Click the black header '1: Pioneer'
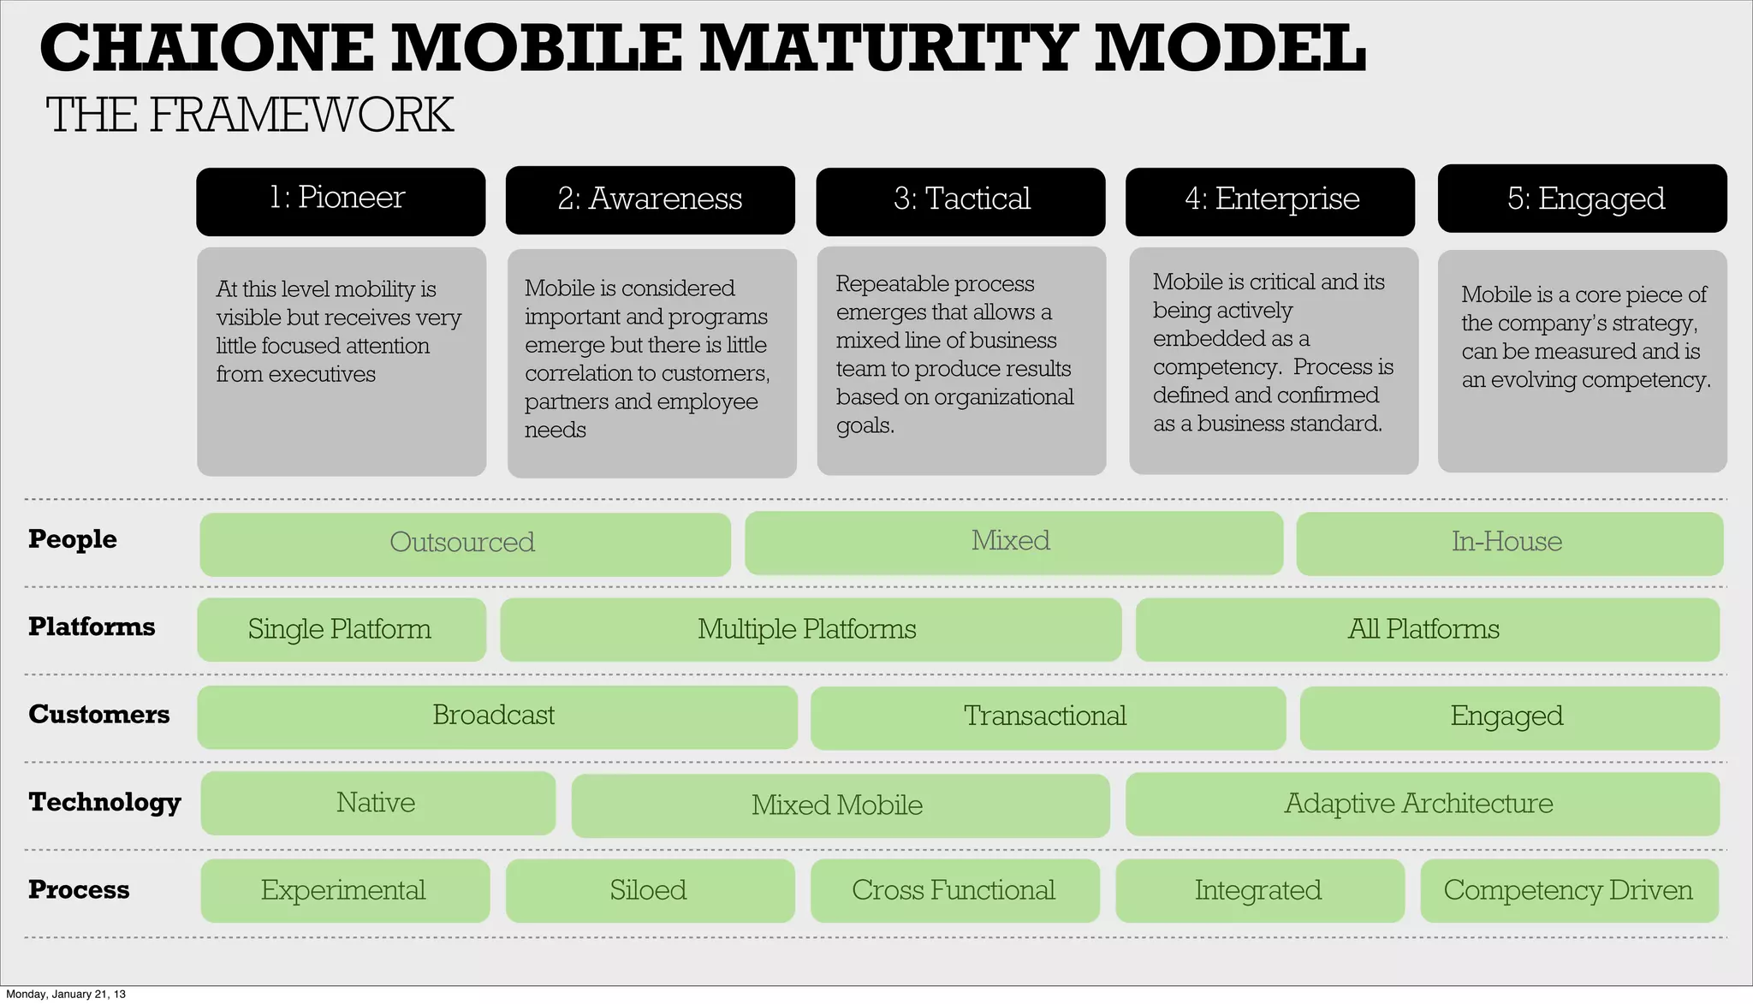(340, 201)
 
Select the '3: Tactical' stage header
(960, 201)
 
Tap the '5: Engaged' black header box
(1582, 199)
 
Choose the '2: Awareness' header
(650, 200)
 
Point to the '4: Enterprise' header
(1270, 201)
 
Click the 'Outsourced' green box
(465, 544)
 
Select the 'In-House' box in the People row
(1509, 544)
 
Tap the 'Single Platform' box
(341, 630)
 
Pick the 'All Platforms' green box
(1427, 630)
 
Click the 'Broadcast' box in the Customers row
(496, 717)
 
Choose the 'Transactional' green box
(1048, 718)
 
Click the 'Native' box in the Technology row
(377, 804)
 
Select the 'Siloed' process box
(650, 891)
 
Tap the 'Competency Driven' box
(1569, 891)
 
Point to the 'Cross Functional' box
(954, 891)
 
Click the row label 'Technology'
(104, 802)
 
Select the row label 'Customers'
(98, 715)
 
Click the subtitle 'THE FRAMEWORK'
(249, 116)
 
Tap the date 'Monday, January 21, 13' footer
(66, 995)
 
